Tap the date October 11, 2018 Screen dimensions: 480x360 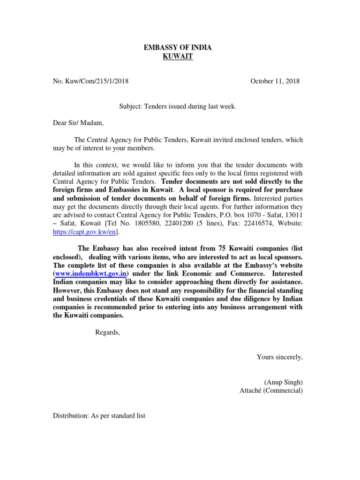[x=275, y=81]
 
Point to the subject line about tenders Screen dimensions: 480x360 [x=178, y=107]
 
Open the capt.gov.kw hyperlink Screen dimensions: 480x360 [x=85, y=232]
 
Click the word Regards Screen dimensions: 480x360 [x=107, y=332]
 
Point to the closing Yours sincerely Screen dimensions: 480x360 [x=279, y=357]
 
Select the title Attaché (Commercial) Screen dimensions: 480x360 [x=271, y=390]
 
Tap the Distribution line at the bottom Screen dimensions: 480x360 [x=99, y=415]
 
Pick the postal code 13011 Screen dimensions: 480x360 [x=293, y=215]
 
